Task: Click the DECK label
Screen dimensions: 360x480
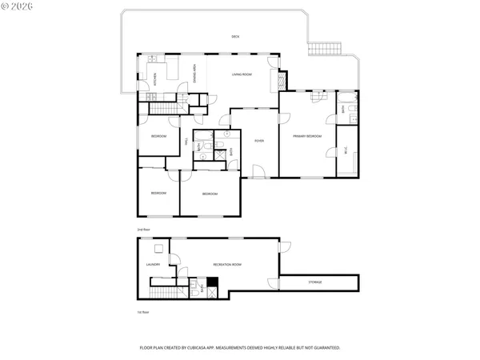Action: click(x=235, y=37)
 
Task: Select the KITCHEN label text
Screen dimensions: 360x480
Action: click(x=144, y=80)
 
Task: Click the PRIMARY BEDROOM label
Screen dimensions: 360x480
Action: click(x=306, y=136)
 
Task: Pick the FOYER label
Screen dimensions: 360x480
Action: click(x=259, y=141)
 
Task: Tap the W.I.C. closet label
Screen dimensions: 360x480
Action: click(x=344, y=150)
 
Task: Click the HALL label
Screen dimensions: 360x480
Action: click(x=186, y=142)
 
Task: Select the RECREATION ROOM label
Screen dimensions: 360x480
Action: click(x=227, y=264)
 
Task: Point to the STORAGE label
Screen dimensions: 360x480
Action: click(x=316, y=282)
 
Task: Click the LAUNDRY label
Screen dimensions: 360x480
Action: click(x=154, y=264)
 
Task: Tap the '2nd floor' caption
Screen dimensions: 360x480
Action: click(x=143, y=230)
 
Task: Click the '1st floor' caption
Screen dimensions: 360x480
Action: click(x=143, y=311)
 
